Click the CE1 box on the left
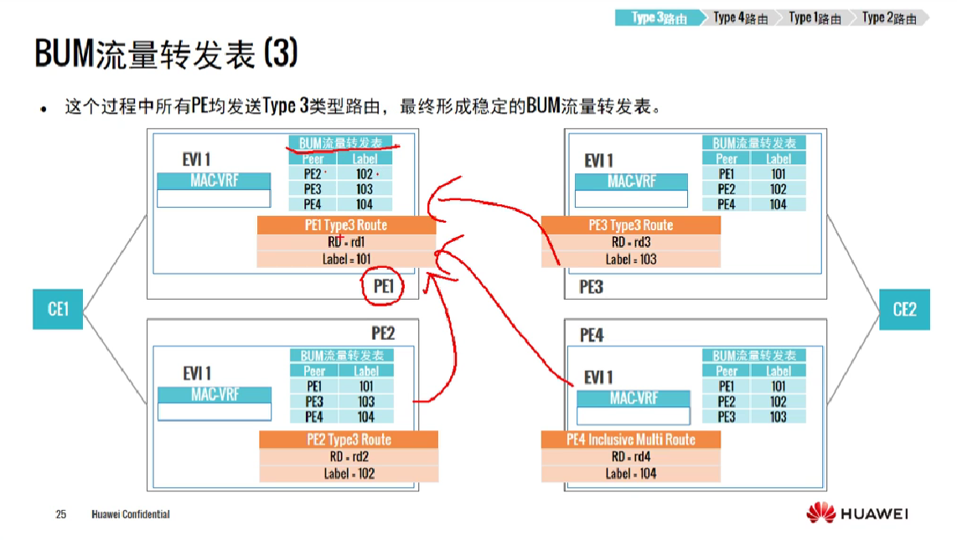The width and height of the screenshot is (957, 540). [x=58, y=309]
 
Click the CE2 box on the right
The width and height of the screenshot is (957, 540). [x=904, y=309]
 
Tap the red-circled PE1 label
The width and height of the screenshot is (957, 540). [x=384, y=286]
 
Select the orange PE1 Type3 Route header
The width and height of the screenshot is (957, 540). [x=346, y=225]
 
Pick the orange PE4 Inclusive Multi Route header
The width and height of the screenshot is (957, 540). [x=630, y=440]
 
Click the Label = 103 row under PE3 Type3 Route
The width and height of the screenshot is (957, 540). [x=630, y=260]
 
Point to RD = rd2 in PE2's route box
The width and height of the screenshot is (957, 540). [x=349, y=456]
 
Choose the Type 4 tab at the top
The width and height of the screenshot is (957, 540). [x=740, y=18]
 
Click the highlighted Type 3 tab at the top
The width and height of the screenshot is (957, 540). [x=660, y=18]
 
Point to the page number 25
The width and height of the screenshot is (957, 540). [x=60, y=514]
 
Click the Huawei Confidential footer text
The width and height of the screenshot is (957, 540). [x=130, y=514]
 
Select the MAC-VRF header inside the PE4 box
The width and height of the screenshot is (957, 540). [x=634, y=399]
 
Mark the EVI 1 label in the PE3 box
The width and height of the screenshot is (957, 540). [x=598, y=160]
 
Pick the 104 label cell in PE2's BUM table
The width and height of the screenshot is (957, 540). [x=366, y=416]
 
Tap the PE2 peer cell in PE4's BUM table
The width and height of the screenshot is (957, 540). [x=727, y=401]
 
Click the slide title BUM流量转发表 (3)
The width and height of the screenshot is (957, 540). [x=166, y=54]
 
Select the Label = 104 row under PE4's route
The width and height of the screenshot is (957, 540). [x=630, y=474]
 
